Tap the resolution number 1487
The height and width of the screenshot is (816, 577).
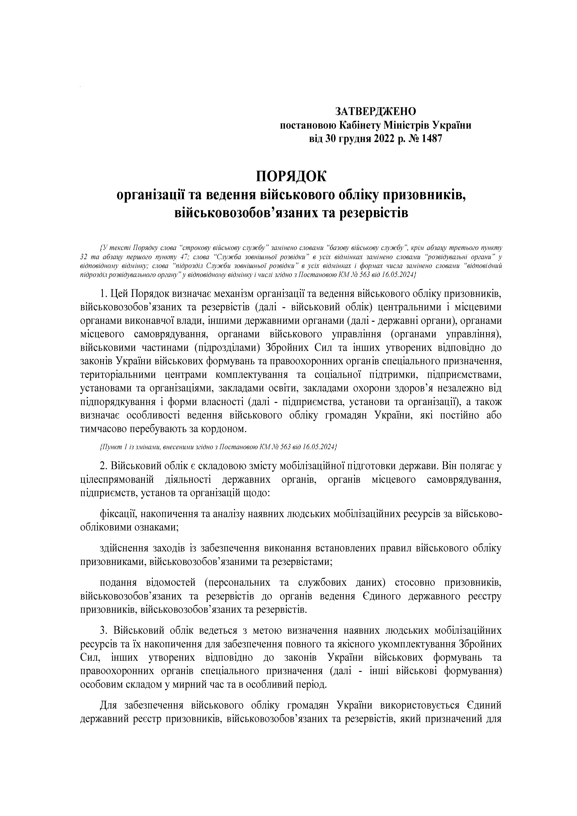(431, 139)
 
